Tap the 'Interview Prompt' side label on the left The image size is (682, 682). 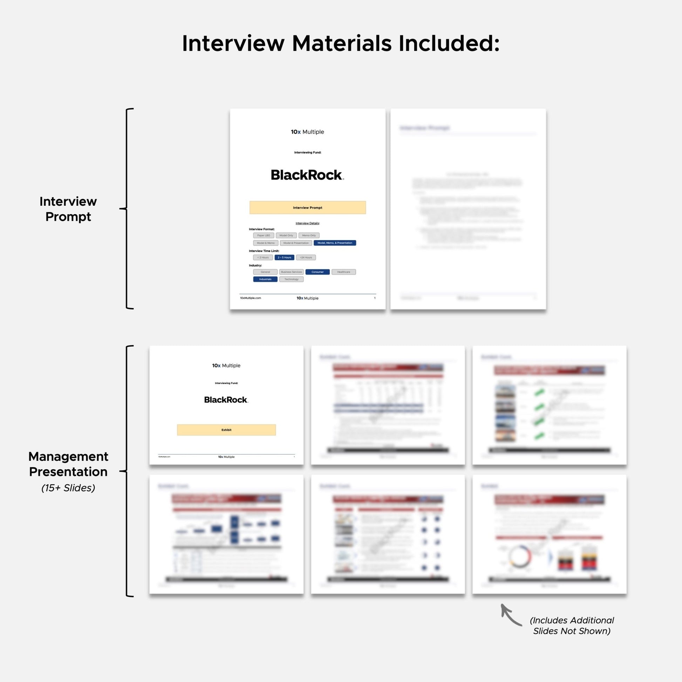tap(68, 209)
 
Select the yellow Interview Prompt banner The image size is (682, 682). tap(307, 207)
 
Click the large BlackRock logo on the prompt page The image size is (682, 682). tap(307, 175)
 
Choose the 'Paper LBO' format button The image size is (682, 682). tap(263, 236)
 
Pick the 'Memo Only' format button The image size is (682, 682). tap(309, 236)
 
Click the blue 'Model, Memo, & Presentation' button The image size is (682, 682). tap(335, 243)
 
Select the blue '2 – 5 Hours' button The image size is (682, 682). tap(284, 258)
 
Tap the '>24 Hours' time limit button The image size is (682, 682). tap(306, 258)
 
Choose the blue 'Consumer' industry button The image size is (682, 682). tap(318, 272)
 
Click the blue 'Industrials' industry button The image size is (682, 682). tap(265, 279)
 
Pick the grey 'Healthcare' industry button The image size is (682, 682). tap(343, 272)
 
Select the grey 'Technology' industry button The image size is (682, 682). tap(291, 279)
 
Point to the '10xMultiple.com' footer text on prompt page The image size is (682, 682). tap(251, 298)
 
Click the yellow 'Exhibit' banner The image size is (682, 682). tap(226, 430)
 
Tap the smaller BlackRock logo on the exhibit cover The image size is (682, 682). tap(226, 400)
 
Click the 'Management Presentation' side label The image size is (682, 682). tap(68, 464)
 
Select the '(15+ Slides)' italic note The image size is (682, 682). tap(68, 488)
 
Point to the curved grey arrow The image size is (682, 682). tap(510, 615)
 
